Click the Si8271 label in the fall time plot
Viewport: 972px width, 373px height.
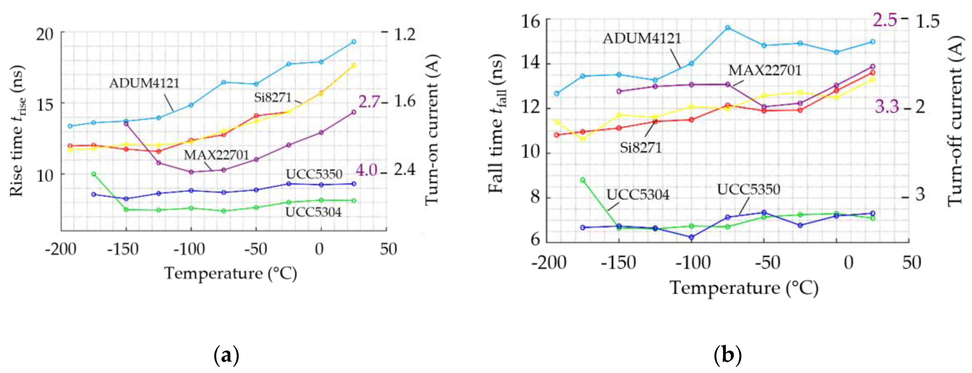pyautogui.click(x=641, y=148)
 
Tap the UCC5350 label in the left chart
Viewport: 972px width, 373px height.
pyautogui.click(x=314, y=174)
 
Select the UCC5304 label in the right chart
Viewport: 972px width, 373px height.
pyautogui.click(x=638, y=195)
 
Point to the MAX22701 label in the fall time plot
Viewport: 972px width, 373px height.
pyautogui.click(x=764, y=70)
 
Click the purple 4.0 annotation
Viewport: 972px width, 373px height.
pyautogui.click(x=366, y=171)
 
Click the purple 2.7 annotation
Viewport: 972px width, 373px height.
pyautogui.click(x=369, y=102)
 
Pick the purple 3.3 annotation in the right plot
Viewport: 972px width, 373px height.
pyautogui.click(x=887, y=107)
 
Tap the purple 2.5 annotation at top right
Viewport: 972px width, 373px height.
pyautogui.click(x=885, y=20)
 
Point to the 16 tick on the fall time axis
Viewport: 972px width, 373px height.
pyautogui.click(x=530, y=21)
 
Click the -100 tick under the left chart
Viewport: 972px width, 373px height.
pyautogui.click(x=189, y=249)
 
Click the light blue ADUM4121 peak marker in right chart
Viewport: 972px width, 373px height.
pyautogui.click(x=727, y=27)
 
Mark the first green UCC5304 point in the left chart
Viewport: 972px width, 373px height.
pyautogui.click(x=94, y=174)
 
